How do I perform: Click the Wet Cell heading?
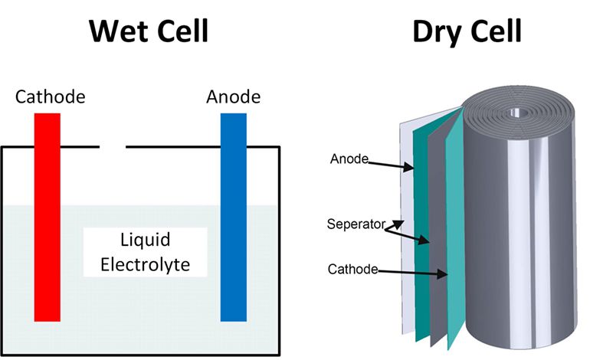coord(149,31)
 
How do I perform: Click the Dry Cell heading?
coord(467,31)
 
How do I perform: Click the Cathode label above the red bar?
coord(51,97)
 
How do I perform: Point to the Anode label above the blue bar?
coord(233,97)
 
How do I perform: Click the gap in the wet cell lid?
coord(113,146)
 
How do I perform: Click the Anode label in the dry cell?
coord(349,159)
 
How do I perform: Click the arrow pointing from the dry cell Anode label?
coord(391,165)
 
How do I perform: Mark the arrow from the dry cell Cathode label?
coord(414,272)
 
